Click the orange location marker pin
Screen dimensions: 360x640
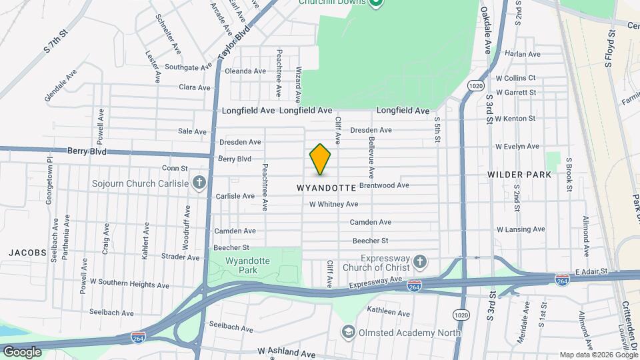(321, 160)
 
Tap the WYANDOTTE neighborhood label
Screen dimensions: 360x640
(327, 189)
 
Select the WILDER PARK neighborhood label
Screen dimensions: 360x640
(519, 175)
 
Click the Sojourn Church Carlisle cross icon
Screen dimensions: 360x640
(198, 181)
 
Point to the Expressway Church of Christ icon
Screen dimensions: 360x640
(419, 260)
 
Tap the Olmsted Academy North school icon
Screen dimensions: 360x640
(348, 331)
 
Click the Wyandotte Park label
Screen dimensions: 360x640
(247, 265)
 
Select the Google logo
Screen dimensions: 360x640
(22, 352)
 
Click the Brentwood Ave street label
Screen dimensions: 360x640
(384, 185)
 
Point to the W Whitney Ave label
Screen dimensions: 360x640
(333, 204)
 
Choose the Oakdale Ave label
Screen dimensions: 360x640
(487, 31)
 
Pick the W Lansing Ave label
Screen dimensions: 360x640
(521, 229)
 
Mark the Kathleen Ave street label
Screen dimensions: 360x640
(387, 311)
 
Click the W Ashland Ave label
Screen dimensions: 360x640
(286, 351)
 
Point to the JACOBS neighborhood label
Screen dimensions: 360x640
(27, 253)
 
